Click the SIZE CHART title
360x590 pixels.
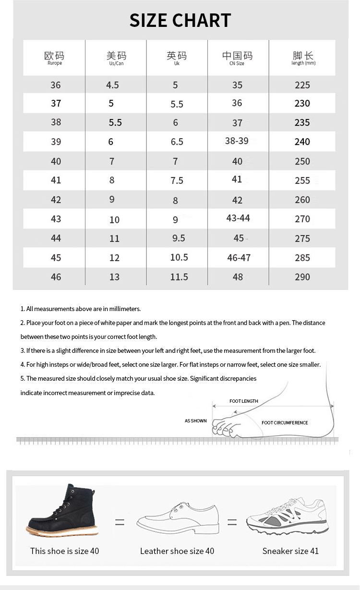tap(180, 21)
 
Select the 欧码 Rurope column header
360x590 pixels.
tap(54, 58)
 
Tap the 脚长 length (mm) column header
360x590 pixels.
tap(303, 58)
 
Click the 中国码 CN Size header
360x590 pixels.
tap(237, 58)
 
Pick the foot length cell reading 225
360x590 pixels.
tap(302, 85)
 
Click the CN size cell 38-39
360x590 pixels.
tap(237, 141)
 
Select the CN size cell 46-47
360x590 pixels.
tap(239, 258)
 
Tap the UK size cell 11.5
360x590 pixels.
tap(179, 277)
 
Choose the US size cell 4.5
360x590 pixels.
tap(112, 85)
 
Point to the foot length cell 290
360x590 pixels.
tap(302, 277)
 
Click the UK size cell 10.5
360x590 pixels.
tap(179, 257)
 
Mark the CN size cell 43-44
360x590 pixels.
tap(238, 218)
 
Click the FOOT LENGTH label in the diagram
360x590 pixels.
tap(243, 401)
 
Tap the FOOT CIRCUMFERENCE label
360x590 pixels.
tap(285, 423)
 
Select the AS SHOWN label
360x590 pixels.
tap(196, 421)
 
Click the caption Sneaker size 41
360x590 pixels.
tap(290, 551)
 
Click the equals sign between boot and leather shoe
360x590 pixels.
tap(120, 522)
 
